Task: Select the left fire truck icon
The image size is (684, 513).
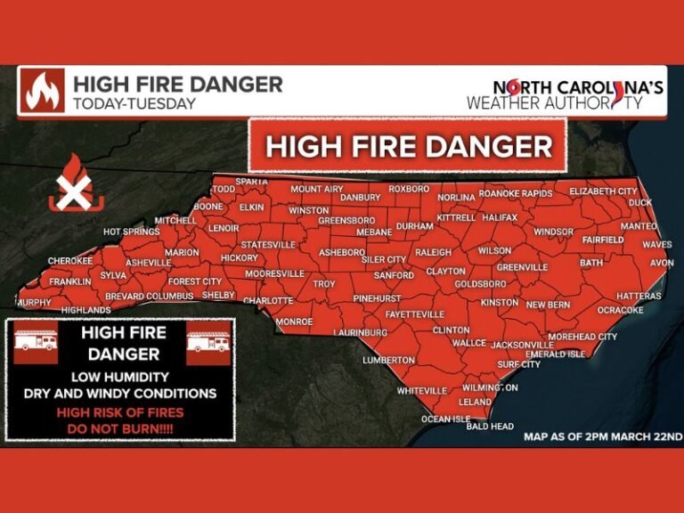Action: click(x=35, y=344)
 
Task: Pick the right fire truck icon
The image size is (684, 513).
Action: click(x=208, y=344)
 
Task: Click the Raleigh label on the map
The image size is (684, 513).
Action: click(x=433, y=252)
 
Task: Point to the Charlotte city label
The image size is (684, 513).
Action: click(x=268, y=301)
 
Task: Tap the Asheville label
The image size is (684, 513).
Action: click(x=148, y=263)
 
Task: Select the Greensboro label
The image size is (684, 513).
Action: click(x=346, y=220)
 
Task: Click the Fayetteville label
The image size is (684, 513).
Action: click(x=414, y=314)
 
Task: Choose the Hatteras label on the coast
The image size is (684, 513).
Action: click(x=639, y=296)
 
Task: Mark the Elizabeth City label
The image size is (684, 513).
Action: click(x=603, y=191)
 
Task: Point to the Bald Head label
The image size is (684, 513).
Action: click(x=490, y=427)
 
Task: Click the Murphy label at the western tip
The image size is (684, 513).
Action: click(x=34, y=303)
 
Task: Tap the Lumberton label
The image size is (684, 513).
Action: click(x=388, y=360)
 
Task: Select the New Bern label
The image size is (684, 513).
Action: click(x=548, y=305)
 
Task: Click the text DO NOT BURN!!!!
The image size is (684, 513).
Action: click(x=121, y=428)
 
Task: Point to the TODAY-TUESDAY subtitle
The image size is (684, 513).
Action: click(x=134, y=103)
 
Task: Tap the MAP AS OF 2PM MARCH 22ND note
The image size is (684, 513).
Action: click(x=602, y=436)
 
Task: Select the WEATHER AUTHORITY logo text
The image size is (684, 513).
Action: click(x=554, y=103)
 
